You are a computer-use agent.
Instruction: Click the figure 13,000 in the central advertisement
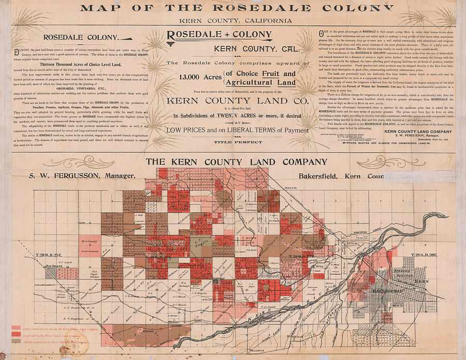[194, 77]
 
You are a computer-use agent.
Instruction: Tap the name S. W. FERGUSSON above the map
[59, 176]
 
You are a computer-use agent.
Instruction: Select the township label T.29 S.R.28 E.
[425, 255]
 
